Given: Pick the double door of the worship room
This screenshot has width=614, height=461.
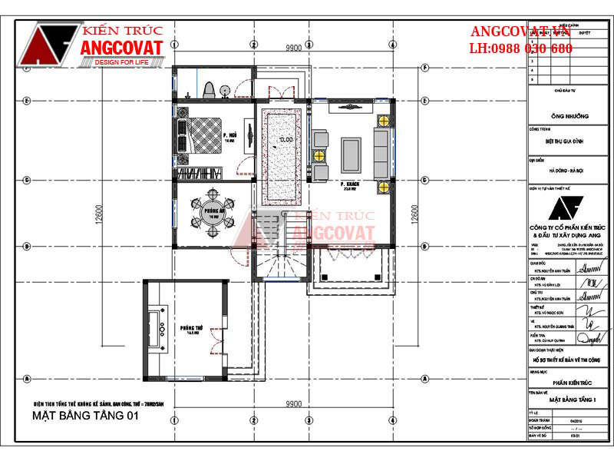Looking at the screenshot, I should (212, 345).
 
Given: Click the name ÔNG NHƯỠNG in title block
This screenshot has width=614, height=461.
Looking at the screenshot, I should (571, 116).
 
